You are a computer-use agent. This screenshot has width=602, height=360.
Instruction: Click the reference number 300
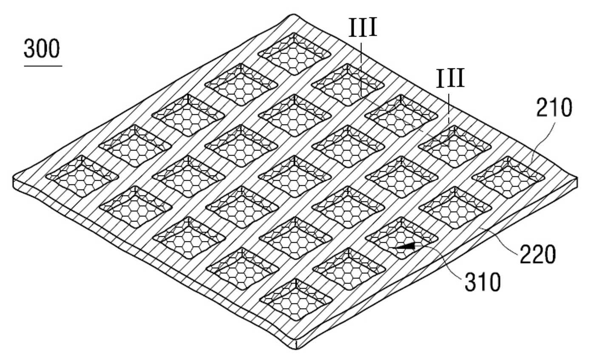click(x=42, y=48)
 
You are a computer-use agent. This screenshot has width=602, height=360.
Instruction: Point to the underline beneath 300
click(x=43, y=66)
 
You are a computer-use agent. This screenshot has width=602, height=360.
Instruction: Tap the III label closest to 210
click(x=450, y=78)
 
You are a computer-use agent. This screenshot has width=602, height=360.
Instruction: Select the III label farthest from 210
click(x=363, y=27)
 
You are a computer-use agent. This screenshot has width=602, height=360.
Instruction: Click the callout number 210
click(x=554, y=108)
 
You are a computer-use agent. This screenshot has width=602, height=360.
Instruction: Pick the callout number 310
click(x=483, y=282)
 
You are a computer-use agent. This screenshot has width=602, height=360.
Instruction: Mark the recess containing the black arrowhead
click(x=402, y=238)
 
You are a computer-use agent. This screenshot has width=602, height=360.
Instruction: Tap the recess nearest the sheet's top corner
click(x=294, y=54)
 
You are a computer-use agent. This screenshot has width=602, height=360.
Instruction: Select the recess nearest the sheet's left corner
click(x=82, y=176)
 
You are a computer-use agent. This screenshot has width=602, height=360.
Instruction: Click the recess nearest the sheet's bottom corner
click(x=295, y=300)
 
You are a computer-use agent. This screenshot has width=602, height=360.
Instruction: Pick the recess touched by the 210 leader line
click(x=508, y=177)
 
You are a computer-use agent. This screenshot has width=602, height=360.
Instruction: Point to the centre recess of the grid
click(x=295, y=176)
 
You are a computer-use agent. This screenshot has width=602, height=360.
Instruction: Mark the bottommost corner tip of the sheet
click(x=295, y=349)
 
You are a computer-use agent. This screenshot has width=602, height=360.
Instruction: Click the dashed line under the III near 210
click(x=449, y=108)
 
